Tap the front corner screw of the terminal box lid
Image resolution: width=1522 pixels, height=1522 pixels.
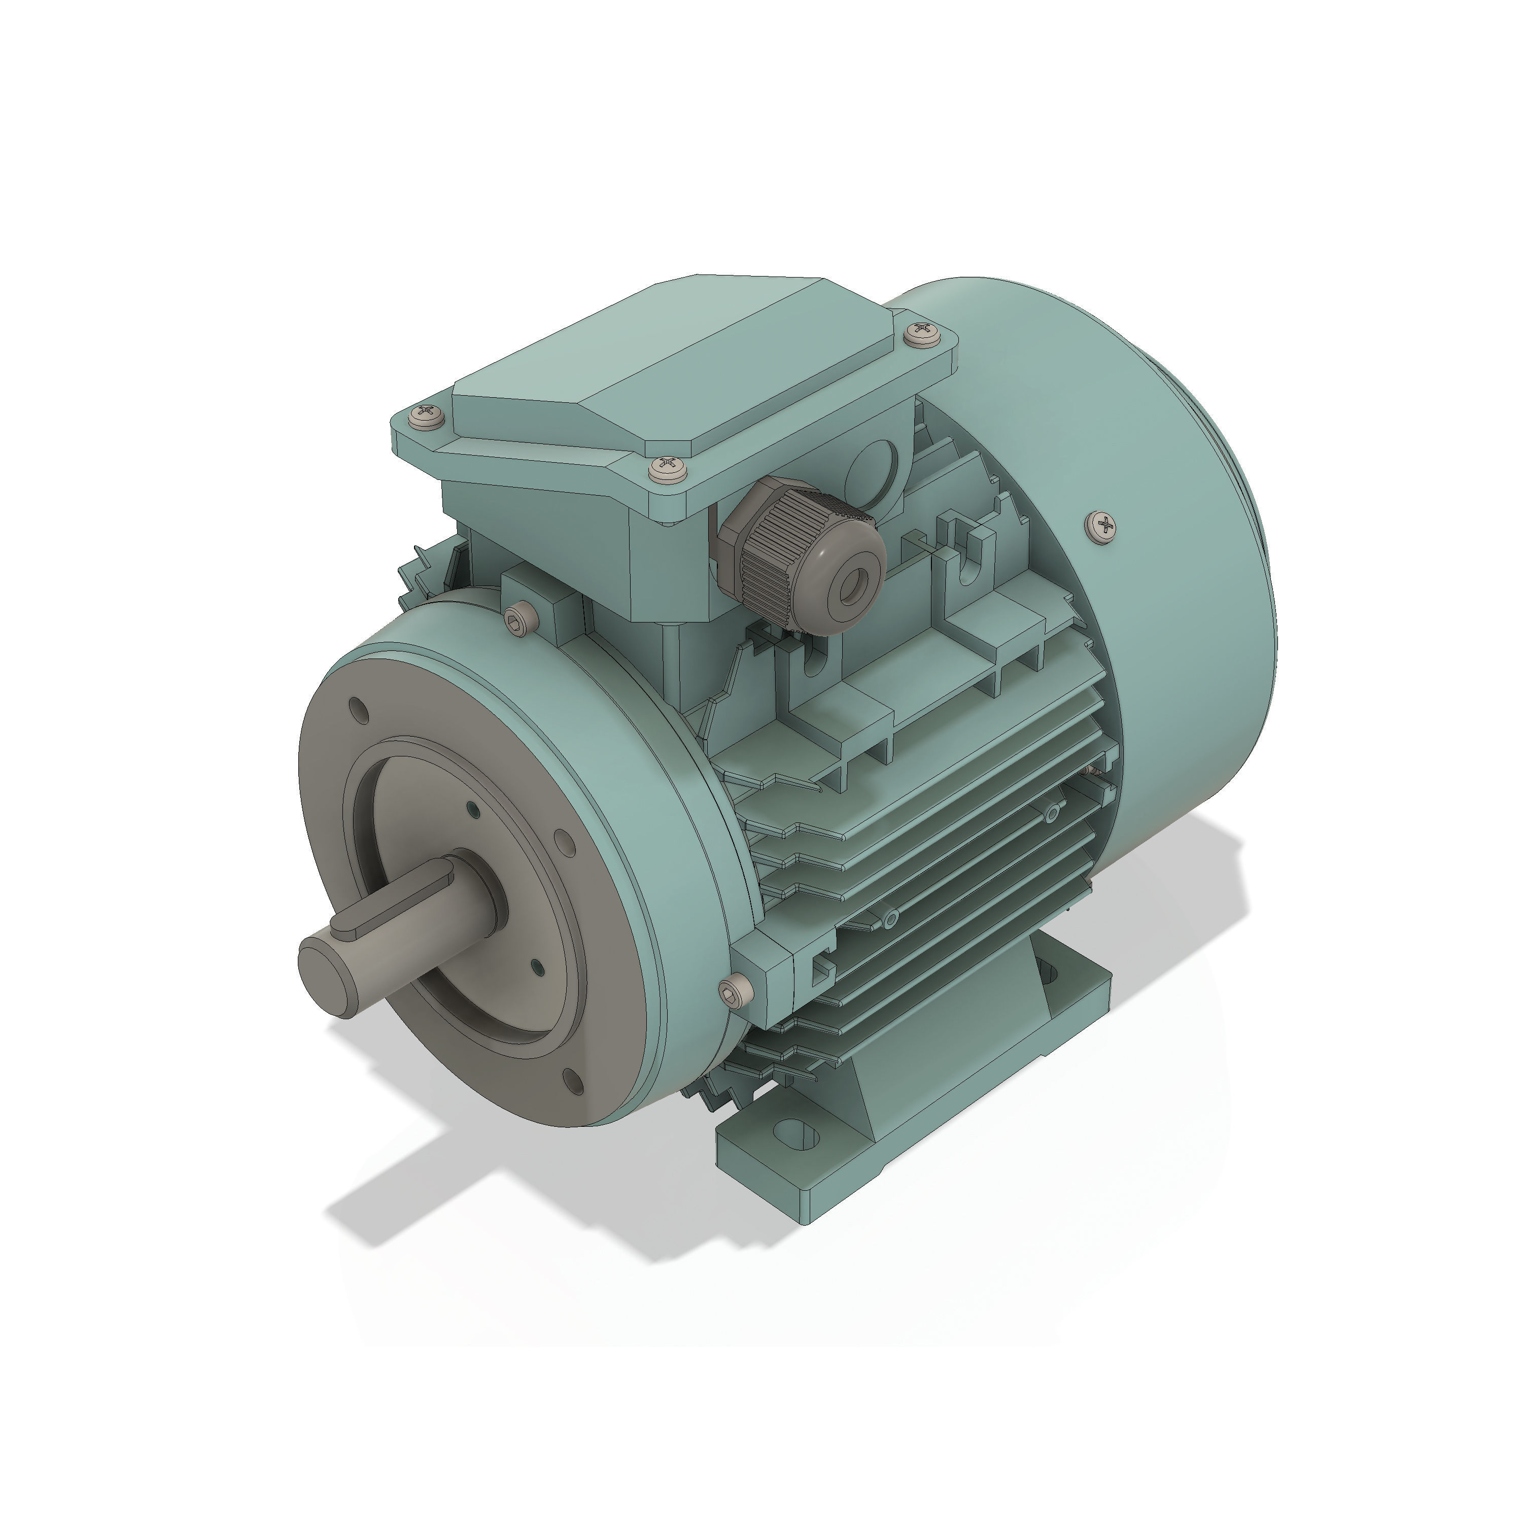[x=668, y=468]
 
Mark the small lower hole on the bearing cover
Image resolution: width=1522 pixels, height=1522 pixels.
[x=536, y=966]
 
